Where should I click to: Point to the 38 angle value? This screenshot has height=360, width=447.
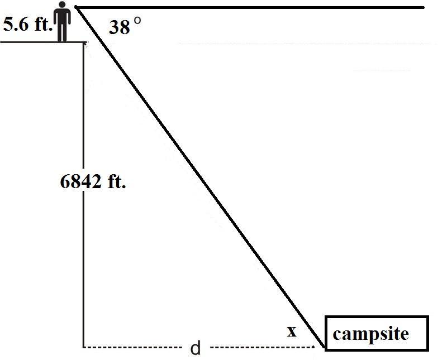[x=119, y=27]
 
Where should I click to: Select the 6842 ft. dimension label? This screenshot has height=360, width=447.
[x=92, y=182]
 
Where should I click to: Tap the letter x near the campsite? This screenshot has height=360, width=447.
[x=291, y=332]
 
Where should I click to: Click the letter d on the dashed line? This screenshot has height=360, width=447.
[x=195, y=349]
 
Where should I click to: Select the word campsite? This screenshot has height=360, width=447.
[x=370, y=334]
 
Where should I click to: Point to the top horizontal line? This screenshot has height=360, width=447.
[x=251, y=7]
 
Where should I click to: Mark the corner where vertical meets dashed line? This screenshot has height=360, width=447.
[x=83, y=347]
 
